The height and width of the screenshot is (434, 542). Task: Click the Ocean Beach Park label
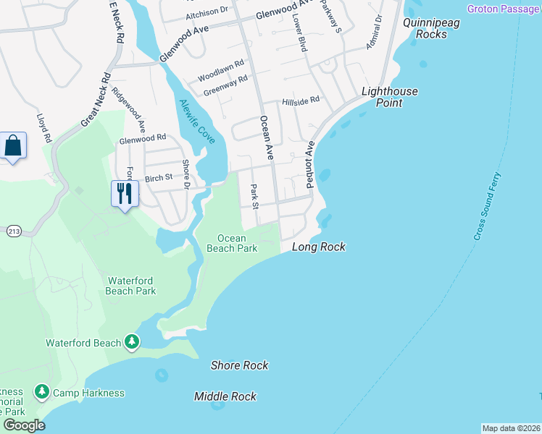232,243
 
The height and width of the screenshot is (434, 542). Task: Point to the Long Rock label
318,247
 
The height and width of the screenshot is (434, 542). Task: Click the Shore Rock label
240,365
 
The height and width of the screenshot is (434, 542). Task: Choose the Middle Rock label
225,396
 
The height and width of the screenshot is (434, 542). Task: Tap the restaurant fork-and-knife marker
125,193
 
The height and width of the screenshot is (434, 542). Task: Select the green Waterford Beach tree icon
131,341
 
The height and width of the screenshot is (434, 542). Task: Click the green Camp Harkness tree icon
42,392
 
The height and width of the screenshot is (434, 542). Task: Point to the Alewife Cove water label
196,121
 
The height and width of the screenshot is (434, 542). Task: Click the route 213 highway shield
14,231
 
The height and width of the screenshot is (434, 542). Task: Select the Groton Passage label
504,9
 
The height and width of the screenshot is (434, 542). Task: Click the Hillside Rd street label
301,101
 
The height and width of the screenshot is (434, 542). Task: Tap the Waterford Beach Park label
131,286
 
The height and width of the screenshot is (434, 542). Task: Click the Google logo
24,425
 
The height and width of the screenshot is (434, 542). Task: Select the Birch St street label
159,177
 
